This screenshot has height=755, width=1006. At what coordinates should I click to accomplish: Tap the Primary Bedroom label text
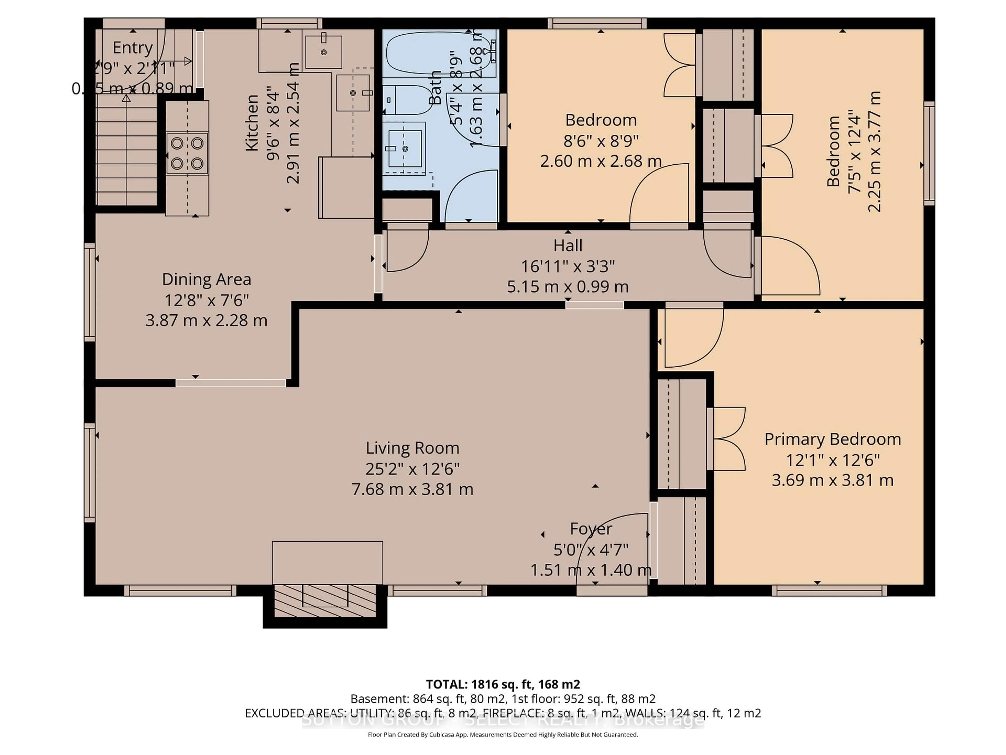(832, 439)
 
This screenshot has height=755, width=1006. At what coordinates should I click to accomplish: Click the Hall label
(568, 246)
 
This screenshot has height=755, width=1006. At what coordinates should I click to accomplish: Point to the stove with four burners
(187, 153)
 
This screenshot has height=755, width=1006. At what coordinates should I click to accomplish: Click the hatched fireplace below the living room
(325, 601)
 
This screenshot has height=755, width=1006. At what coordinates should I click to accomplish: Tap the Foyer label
(591, 529)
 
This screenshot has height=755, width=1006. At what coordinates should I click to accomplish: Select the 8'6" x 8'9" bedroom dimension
(600, 141)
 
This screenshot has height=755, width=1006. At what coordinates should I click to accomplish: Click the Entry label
(132, 47)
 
